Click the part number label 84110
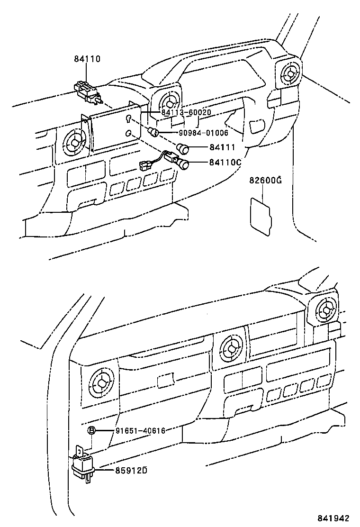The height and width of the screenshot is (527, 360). tap(87, 59)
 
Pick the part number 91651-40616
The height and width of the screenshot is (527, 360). tap(140, 430)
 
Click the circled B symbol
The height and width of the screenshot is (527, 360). tap(92, 430)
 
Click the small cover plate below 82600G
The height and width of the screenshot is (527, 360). tap(260, 216)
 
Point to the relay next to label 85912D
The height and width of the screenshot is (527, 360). tap(84, 467)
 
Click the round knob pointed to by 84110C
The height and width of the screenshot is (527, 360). tap(183, 165)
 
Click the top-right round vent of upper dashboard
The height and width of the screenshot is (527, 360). tap(289, 73)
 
